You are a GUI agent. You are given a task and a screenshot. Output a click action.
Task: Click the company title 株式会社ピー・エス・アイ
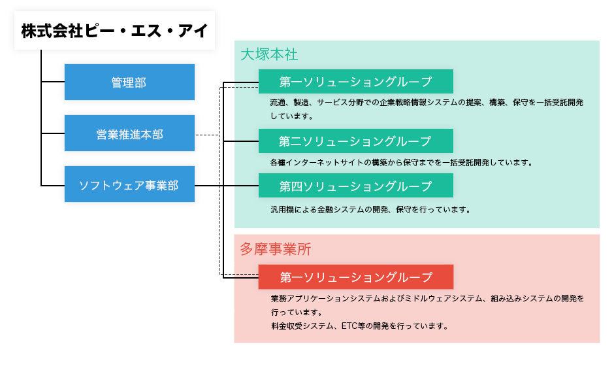(114, 31)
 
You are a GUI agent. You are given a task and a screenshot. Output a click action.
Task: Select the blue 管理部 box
(129, 82)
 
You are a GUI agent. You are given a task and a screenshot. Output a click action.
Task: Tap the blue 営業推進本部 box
(129, 134)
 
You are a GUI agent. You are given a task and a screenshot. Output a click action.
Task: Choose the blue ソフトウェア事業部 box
(129, 186)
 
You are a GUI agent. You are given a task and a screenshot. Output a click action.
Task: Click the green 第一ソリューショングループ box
(355, 82)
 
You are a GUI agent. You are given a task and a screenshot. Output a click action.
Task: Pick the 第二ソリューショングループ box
(355, 141)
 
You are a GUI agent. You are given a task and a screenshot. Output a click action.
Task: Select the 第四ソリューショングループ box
(355, 186)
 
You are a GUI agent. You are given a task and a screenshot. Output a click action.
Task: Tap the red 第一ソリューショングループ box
(355, 277)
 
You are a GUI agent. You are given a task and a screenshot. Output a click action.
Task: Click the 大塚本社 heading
(269, 54)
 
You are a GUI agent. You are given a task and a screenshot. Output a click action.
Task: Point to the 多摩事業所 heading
(275, 248)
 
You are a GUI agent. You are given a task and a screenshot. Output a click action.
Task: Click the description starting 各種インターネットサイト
(401, 162)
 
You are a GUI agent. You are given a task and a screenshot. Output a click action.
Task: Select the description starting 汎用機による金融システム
(370, 210)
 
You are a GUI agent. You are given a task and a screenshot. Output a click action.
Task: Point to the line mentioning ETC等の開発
(359, 326)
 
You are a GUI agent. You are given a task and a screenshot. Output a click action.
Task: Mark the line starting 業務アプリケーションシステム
(427, 299)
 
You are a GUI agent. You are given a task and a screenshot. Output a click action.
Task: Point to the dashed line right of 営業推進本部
(208, 135)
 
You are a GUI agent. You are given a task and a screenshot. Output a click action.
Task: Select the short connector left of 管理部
(52, 82)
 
